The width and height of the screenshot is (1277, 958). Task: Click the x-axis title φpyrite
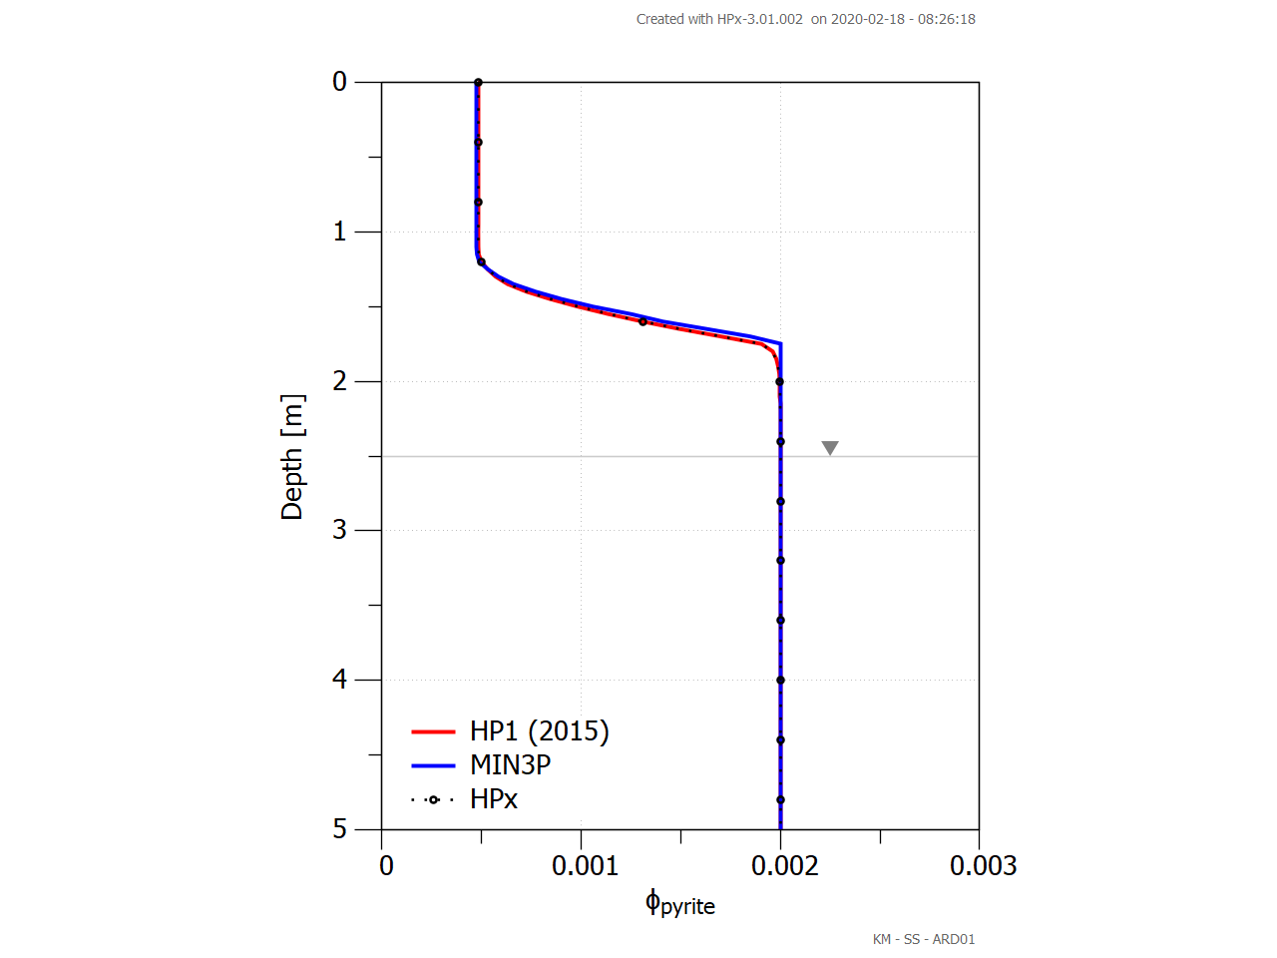pyautogui.click(x=680, y=904)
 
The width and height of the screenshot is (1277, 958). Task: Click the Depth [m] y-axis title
pyautogui.click(x=291, y=457)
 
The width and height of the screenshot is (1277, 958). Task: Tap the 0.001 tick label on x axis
pyautogui.click(x=586, y=865)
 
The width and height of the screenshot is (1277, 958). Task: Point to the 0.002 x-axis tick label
pyautogui.click(x=784, y=865)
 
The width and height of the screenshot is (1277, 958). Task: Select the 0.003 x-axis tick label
pyautogui.click(x=983, y=865)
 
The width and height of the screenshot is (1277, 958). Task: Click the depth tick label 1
pyautogui.click(x=340, y=232)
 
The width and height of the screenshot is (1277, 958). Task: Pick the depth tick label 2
pyautogui.click(x=340, y=381)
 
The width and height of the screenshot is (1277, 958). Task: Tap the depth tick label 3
pyautogui.click(x=340, y=530)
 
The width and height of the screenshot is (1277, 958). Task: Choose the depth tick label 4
pyautogui.click(x=340, y=680)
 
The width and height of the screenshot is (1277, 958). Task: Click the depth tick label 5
pyautogui.click(x=340, y=829)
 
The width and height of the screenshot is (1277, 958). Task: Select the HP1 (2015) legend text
pyautogui.click(x=539, y=731)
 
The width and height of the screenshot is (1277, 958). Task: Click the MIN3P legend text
pyautogui.click(x=510, y=765)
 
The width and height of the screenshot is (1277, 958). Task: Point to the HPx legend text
pyautogui.click(x=494, y=799)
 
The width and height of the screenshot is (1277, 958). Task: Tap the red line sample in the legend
pyautogui.click(x=433, y=731)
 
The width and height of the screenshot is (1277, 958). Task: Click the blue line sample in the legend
pyautogui.click(x=433, y=765)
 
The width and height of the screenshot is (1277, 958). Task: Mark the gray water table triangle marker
pyautogui.click(x=830, y=448)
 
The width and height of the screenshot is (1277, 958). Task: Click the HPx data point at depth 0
pyautogui.click(x=478, y=83)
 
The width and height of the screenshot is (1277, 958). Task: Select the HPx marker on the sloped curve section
pyautogui.click(x=642, y=321)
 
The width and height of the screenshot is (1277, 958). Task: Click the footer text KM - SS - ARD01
pyautogui.click(x=924, y=939)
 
